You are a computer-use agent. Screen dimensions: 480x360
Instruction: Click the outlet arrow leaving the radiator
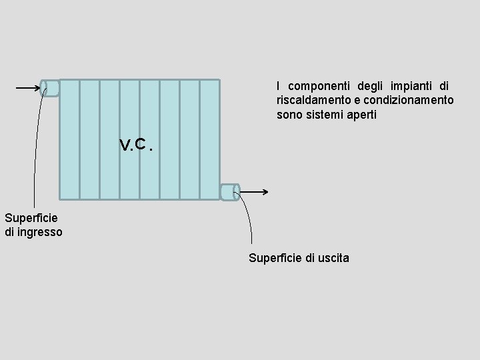pyautogui.click(x=255, y=193)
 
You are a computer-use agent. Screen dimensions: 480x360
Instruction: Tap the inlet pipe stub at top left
pyautogui.click(x=50, y=88)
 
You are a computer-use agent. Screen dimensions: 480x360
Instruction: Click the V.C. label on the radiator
pyautogui.click(x=137, y=144)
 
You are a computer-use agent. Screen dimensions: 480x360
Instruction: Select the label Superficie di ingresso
pyautogui.click(x=33, y=225)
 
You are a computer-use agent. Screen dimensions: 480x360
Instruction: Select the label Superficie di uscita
pyautogui.click(x=298, y=258)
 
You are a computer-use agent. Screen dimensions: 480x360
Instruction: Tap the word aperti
pyautogui.click(x=361, y=115)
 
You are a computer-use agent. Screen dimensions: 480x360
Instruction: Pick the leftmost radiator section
pyautogui.click(x=69, y=139)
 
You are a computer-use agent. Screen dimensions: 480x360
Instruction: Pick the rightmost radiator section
pyautogui.click(x=209, y=139)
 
